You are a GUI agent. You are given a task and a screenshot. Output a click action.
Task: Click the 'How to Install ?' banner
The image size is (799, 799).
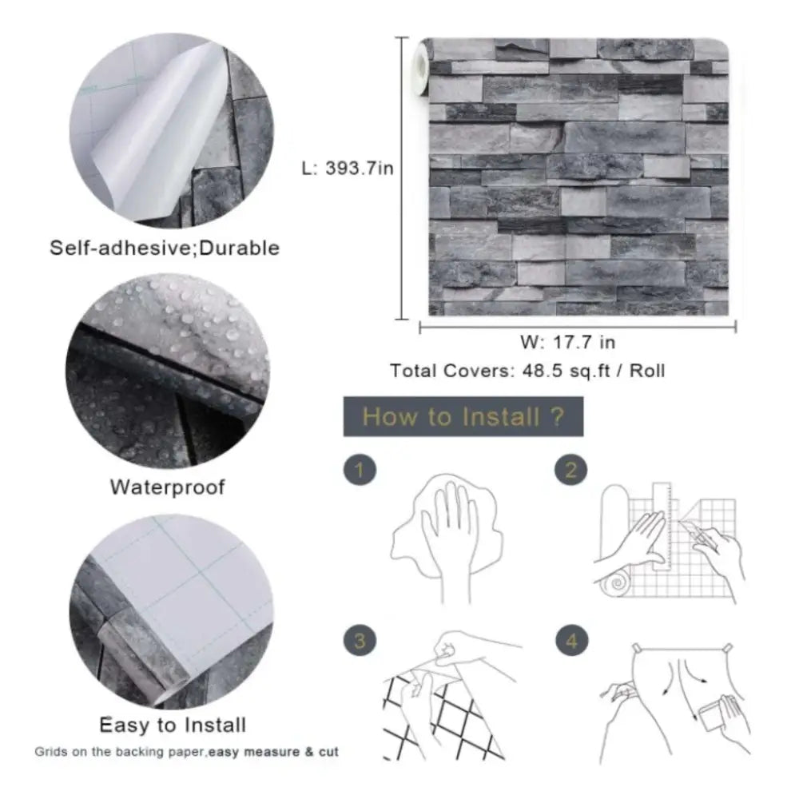[x=463, y=416]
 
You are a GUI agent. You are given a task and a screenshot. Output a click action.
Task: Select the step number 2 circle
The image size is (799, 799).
[x=570, y=471]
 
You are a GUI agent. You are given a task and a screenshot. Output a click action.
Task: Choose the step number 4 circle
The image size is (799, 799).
[x=570, y=641]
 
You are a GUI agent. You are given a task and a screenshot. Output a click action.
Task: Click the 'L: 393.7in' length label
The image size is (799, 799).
[x=347, y=169]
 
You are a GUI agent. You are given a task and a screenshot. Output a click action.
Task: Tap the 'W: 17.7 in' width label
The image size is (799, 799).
[x=568, y=343]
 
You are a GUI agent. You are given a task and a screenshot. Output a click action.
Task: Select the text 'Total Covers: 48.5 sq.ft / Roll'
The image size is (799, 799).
[x=527, y=371]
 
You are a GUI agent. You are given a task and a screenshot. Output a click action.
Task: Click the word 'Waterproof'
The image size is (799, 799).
[x=167, y=486]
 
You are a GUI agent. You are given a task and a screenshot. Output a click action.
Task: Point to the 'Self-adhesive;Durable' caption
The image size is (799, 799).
[x=165, y=248]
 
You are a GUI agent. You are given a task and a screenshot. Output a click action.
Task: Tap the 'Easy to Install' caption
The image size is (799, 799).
[x=173, y=725]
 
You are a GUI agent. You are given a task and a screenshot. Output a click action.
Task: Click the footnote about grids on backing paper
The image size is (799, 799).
[x=185, y=752]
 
